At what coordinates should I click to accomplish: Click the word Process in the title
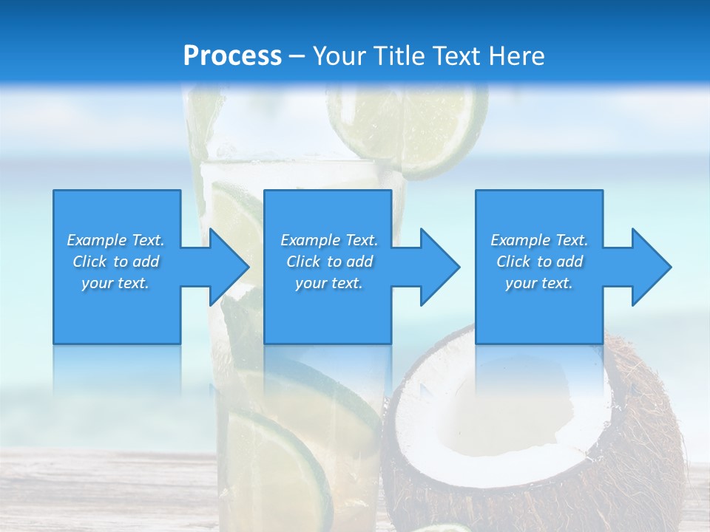pyautogui.click(x=232, y=56)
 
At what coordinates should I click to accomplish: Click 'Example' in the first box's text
pyautogui.click(x=97, y=240)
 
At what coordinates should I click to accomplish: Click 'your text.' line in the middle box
pyautogui.click(x=328, y=283)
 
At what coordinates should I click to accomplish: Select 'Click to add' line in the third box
pyautogui.click(x=539, y=262)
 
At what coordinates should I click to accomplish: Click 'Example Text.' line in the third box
pyautogui.click(x=539, y=240)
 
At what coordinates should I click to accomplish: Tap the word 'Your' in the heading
pyautogui.click(x=337, y=56)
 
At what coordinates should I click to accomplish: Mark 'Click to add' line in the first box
pyautogui.click(x=116, y=262)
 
